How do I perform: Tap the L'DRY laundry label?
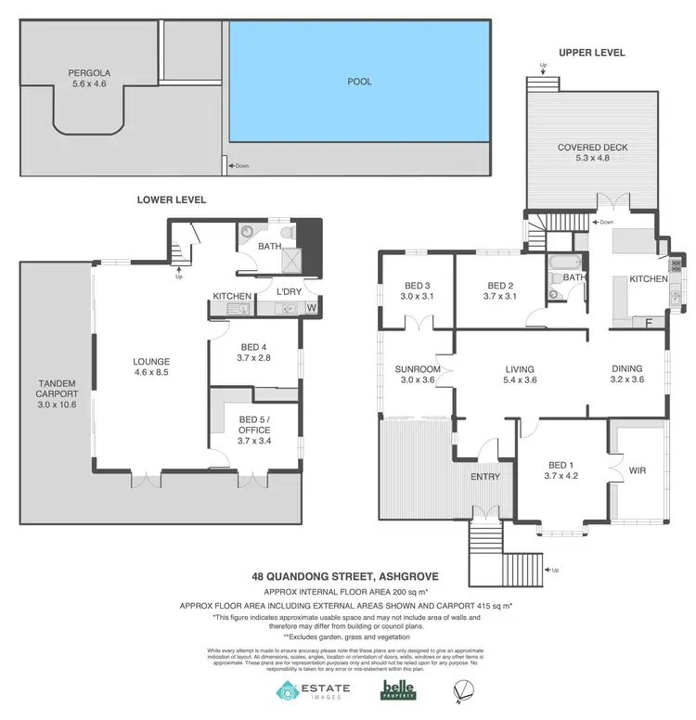[290, 292]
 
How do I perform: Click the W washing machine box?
[311, 307]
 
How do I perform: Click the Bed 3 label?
[416, 291]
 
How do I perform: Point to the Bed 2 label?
[500, 291]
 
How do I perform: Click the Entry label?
[485, 477]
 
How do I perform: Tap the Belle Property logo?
[398, 691]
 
